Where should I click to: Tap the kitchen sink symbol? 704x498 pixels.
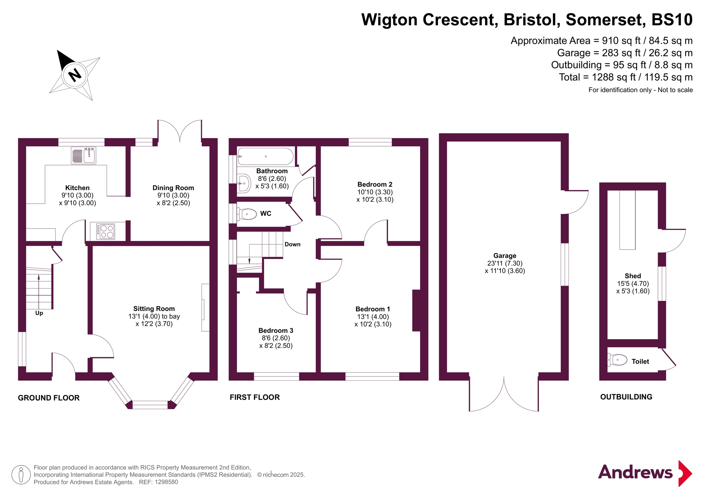[84, 156]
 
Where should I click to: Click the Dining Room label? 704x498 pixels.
[173, 188]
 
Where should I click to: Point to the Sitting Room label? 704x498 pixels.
[154, 309]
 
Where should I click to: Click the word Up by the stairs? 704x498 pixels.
[39, 313]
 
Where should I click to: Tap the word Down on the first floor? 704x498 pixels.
[292, 244]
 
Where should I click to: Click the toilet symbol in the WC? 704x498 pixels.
[247, 214]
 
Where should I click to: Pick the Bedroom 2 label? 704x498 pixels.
[375, 184]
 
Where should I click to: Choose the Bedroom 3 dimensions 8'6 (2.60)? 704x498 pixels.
[276, 338]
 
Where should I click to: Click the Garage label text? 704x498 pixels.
[505, 255]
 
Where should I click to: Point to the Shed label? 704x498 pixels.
[633, 276]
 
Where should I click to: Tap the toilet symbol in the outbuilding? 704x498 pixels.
[617, 360]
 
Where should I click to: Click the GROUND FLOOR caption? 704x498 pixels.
[49, 398]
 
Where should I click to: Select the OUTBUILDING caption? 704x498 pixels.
[626, 397]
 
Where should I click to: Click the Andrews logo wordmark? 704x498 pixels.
[635, 472]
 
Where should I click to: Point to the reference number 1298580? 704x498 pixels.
[166, 482]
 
